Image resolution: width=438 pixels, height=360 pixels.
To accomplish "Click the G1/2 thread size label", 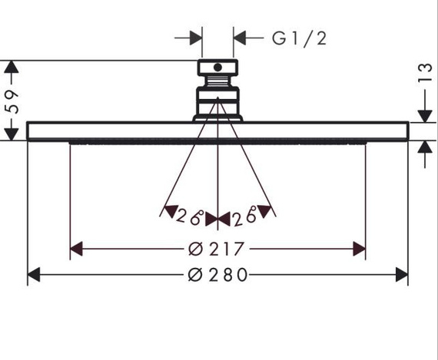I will (x=299, y=38).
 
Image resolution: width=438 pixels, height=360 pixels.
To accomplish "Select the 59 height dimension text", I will (x=11, y=100).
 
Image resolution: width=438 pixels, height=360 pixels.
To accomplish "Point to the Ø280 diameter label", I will (x=218, y=275).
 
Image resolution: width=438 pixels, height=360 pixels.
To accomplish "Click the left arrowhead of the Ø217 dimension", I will (x=76, y=249).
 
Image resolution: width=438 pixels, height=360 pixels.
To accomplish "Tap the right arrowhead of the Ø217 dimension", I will (x=359, y=249).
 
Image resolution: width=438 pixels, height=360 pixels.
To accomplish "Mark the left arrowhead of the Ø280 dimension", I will (x=34, y=275).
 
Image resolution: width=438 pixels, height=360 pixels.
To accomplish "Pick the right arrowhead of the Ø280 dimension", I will (x=401, y=275).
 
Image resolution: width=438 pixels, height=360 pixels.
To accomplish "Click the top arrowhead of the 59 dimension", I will (x=11, y=67).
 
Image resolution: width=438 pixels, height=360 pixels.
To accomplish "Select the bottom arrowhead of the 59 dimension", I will (x=11, y=134).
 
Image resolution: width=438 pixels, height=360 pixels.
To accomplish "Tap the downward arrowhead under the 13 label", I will (x=422, y=115).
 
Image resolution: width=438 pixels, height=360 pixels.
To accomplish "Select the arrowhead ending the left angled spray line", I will (x=166, y=210).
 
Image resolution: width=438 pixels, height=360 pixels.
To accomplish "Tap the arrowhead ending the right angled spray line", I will (x=265, y=208).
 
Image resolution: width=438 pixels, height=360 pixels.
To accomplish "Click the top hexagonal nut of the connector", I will (x=218, y=68).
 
